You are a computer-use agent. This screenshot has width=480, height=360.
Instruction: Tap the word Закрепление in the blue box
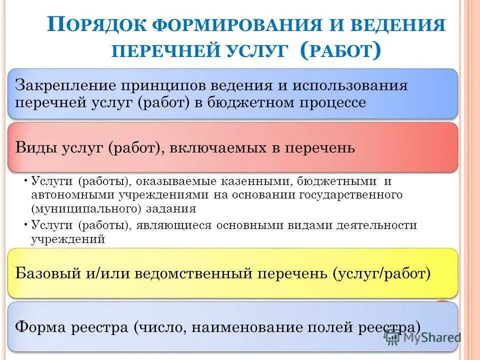point(63,85)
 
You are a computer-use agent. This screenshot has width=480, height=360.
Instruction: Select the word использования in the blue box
point(350,85)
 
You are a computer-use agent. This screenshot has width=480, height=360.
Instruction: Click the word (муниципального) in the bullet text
point(88,207)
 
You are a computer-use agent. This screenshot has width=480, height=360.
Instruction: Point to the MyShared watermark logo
point(423,337)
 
